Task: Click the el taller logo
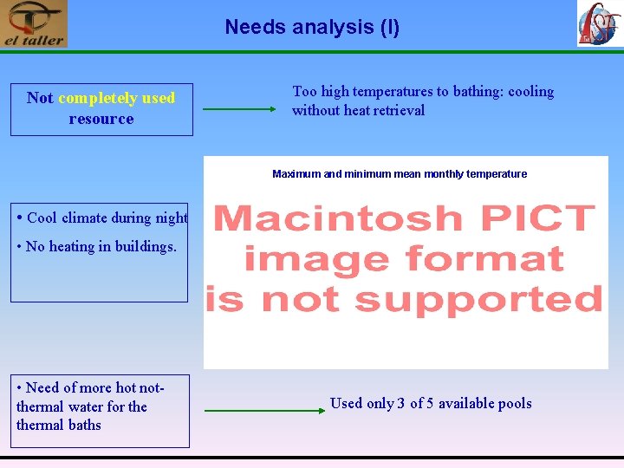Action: tap(34, 24)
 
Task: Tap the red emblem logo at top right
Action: tap(599, 24)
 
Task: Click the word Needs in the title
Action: tap(256, 27)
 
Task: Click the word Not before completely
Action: tap(40, 98)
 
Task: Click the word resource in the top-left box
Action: tap(101, 119)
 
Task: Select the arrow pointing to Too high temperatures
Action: tap(238, 109)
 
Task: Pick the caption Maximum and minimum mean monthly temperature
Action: tap(400, 174)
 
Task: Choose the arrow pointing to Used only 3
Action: tap(256, 410)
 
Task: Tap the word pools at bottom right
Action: tap(512, 403)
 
